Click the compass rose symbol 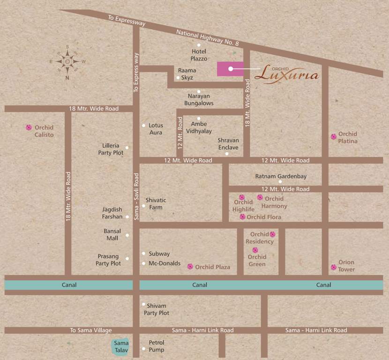pos(67,61)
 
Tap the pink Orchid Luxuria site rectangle pos(230,68)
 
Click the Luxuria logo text pos(288,73)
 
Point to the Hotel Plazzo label pos(199,55)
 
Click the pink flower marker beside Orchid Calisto pos(29,127)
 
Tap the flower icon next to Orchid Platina pos(333,137)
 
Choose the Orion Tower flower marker pos(333,267)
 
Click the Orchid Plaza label pos(212,267)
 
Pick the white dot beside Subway pos(144,254)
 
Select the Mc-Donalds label pos(165,263)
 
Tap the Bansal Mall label pos(112,234)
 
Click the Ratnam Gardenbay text pos(281,176)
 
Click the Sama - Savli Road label pos(136,196)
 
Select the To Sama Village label pos(91,330)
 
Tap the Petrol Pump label pos(157,346)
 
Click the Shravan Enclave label pos(228,144)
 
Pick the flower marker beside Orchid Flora pos(242,217)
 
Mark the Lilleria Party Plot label pos(111,149)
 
